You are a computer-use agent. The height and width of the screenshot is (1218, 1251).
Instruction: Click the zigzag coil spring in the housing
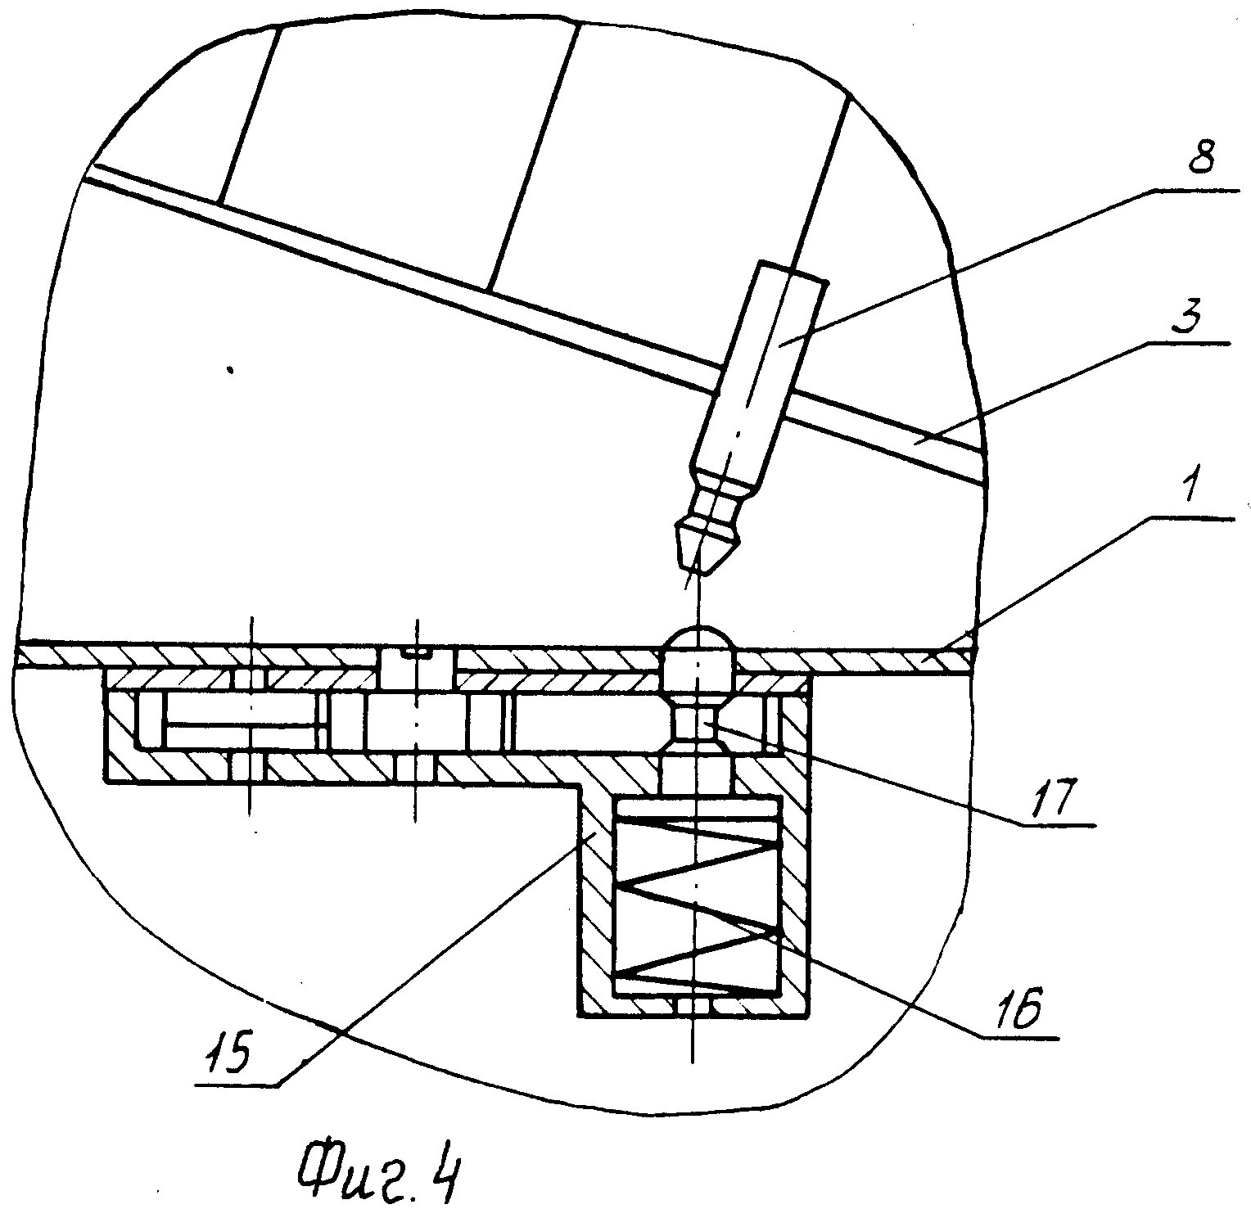(x=695, y=901)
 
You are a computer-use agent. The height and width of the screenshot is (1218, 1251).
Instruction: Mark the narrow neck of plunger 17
(x=696, y=716)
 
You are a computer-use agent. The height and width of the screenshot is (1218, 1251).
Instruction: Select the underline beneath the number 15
(x=237, y=1085)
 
